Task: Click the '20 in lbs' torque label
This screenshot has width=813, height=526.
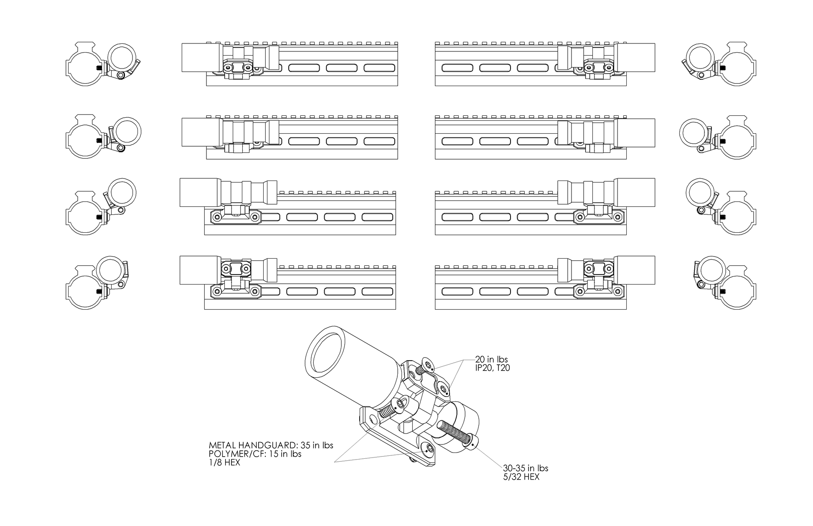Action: (x=491, y=360)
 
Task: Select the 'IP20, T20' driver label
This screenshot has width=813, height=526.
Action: (x=493, y=368)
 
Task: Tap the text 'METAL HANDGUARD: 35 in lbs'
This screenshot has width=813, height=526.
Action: (x=271, y=445)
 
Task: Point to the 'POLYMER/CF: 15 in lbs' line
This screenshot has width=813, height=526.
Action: (x=255, y=454)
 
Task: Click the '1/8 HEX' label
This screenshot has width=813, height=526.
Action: (x=224, y=463)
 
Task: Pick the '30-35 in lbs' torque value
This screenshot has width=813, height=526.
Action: (x=526, y=468)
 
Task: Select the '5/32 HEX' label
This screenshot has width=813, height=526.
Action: (x=521, y=477)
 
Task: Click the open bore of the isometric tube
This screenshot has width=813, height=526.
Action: (x=324, y=354)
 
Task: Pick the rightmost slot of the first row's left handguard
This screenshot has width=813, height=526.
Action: (x=379, y=68)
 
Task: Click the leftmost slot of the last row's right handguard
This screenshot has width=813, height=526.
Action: (x=457, y=291)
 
